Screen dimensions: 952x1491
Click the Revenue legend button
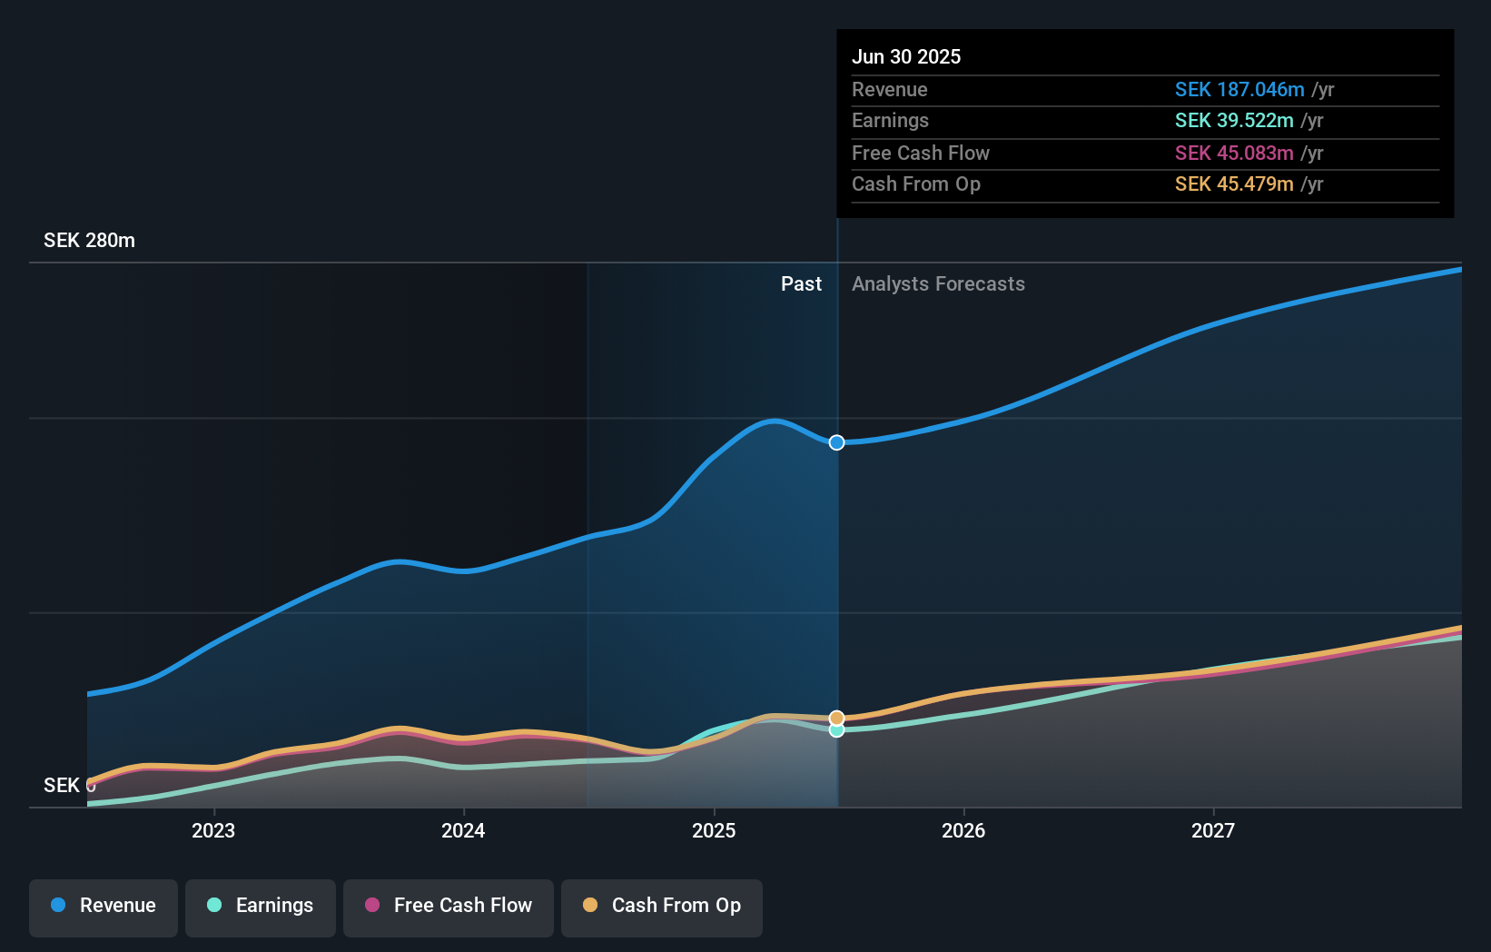coord(104,906)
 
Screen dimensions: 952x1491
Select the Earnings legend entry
coord(261,906)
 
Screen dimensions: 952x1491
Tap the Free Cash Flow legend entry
coord(449,906)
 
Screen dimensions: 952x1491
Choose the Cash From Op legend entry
coord(662,906)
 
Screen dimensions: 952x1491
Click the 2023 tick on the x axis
coord(213,830)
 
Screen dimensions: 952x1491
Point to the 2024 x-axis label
coord(463,830)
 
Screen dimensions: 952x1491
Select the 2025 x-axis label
coord(714,830)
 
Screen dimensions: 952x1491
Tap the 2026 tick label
coord(963,830)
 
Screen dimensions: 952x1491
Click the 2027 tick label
coord(1213,830)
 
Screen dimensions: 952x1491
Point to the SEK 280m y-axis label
coord(89,241)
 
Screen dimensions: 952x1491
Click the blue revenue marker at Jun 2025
coord(837,442)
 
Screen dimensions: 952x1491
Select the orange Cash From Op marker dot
coord(837,719)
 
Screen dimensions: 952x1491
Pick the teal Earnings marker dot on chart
coord(837,730)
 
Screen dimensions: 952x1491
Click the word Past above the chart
coord(801,284)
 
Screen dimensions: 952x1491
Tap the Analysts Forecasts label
coord(938,284)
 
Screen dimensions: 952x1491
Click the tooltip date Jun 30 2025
coord(906,57)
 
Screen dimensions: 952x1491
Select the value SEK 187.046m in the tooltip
coord(1239,90)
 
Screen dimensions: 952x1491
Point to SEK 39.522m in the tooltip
coord(1234,121)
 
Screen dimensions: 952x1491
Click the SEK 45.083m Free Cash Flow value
coord(1234,154)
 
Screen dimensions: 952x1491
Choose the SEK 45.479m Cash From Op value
coord(1234,184)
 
